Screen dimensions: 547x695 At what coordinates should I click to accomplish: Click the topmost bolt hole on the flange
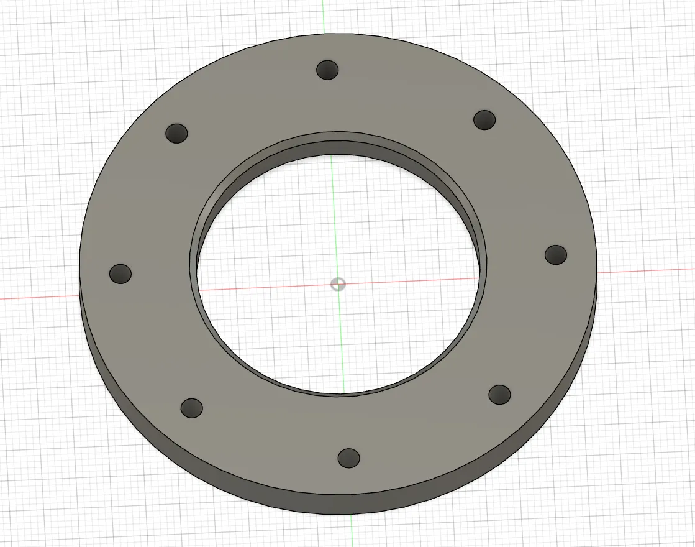pyautogui.click(x=327, y=70)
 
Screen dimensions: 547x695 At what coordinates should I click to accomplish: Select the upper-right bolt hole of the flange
pyautogui.click(x=484, y=119)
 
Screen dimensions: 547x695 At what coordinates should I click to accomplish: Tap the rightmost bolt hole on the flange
pyautogui.click(x=556, y=254)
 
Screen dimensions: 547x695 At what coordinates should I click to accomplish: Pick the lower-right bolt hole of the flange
pyautogui.click(x=499, y=394)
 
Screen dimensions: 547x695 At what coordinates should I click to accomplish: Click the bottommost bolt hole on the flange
pyautogui.click(x=348, y=458)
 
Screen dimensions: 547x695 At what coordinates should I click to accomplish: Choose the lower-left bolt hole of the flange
pyautogui.click(x=191, y=408)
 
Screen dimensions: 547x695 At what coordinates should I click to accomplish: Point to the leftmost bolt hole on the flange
pyautogui.click(x=120, y=273)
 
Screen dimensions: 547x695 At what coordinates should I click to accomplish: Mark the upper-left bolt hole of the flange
pyautogui.click(x=177, y=133)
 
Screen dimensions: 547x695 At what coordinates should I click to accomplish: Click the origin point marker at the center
pyautogui.click(x=338, y=284)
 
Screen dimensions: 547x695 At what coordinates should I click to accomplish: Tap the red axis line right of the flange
pyautogui.click(x=646, y=270)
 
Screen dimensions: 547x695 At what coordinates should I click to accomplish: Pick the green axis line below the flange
pyautogui.click(x=351, y=531)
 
